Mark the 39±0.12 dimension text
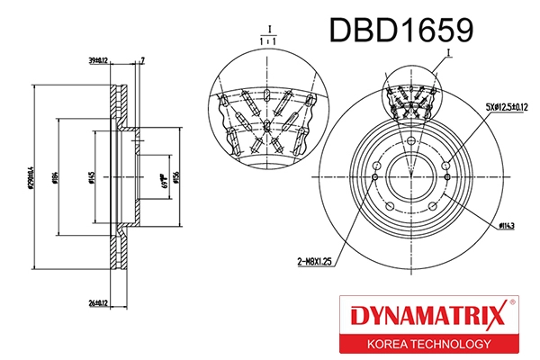click(98, 60)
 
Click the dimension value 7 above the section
click(143, 60)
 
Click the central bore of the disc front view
click(411, 180)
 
